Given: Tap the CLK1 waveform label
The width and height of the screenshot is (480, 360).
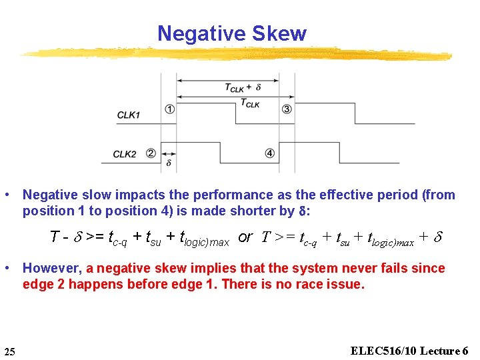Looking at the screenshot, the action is [x=129, y=115].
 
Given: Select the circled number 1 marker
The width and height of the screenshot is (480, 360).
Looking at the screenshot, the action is [x=170, y=109].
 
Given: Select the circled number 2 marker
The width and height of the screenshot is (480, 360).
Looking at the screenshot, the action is [x=151, y=153].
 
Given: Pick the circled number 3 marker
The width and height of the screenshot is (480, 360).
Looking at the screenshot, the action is [x=287, y=109].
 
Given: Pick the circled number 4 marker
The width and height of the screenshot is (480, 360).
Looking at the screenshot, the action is [x=269, y=153].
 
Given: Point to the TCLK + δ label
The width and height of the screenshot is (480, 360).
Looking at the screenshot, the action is [x=242, y=87].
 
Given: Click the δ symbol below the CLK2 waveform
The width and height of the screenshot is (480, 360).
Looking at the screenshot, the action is [x=169, y=162].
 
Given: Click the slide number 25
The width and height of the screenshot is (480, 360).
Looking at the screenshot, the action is [x=9, y=351].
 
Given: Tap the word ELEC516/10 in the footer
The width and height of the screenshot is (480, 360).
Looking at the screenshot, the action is [x=379, y=351].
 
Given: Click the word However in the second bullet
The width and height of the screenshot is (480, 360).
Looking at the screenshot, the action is [x=51, y=268].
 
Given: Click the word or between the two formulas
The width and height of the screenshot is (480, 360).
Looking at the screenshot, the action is [x=245, y=237].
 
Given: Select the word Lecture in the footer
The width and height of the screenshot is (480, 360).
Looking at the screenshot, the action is [x=437, y=351].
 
